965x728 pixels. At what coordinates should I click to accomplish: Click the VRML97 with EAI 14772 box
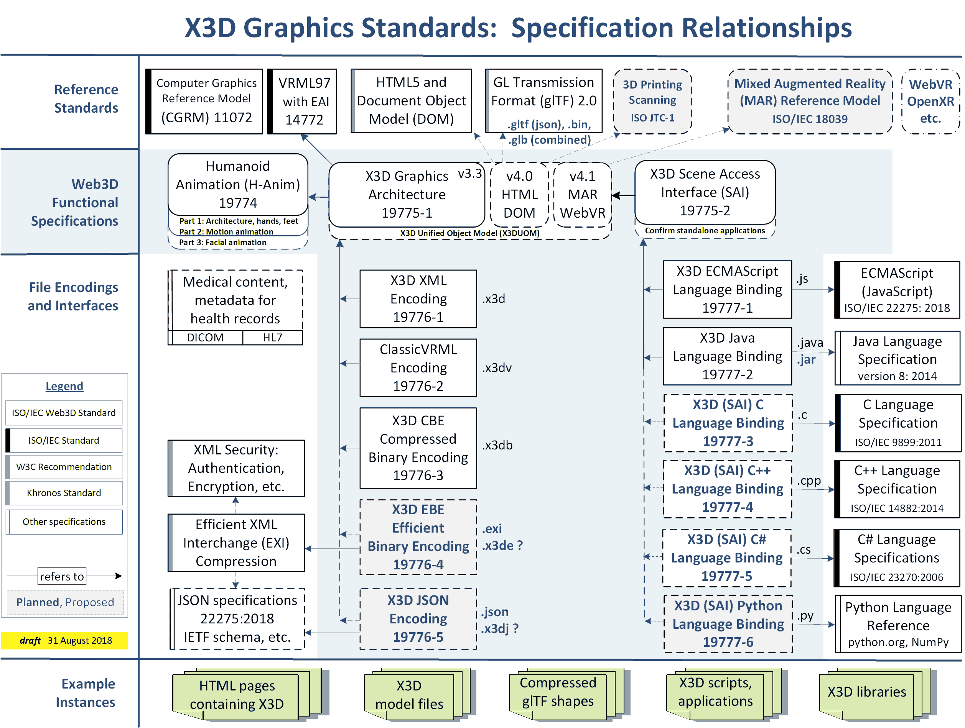[304, 101]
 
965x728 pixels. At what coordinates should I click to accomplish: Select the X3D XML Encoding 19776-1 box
[418, 298]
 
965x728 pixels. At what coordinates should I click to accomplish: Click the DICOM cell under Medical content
[205, 338]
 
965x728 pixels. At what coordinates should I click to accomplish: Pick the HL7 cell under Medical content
[272, 338]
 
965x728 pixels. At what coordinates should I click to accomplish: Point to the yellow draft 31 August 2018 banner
[64, 640]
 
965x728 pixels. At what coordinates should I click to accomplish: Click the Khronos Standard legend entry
[64, 493]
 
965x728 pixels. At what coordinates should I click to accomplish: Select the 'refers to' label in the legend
[62, 576]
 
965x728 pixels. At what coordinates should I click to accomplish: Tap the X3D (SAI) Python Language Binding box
[728, 624]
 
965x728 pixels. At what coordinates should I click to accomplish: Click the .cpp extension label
[809, 481]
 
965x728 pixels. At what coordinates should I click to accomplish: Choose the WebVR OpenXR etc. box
[930, 101]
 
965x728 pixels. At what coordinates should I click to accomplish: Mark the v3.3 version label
[469, 174]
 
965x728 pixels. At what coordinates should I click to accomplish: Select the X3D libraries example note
[866, 692]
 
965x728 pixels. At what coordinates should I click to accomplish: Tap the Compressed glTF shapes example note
[558, 692]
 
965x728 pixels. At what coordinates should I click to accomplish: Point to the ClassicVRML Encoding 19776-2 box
[418, 368]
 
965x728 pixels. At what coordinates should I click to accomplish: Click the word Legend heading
[64, 386]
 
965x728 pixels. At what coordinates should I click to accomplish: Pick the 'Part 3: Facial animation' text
[222, 243]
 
